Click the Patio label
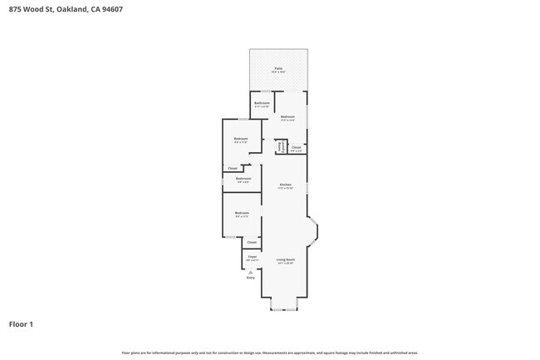tap(278, 69)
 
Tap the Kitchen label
tap(285, 185)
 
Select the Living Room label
tap(286, 260)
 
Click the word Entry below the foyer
tap(251, 277)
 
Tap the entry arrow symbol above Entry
tap(251, 271)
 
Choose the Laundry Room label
tap(281, 146)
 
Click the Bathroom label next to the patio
tap(262, 103)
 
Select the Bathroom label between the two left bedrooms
tap(243, 179)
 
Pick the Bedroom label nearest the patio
tap(287, 117)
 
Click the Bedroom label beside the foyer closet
tap(242, 214)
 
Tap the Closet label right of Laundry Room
tap(296, 147)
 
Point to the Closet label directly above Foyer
tap(252, 242)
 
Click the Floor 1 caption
tap(21, 324)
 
